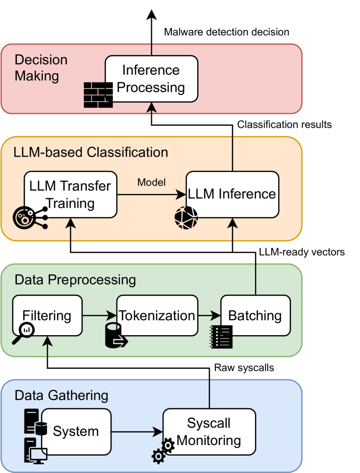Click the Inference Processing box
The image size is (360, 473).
coord(151,79)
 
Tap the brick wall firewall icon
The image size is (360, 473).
coord(98,94)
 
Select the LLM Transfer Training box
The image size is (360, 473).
coord(71,194)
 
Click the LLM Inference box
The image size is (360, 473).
coord(232,194)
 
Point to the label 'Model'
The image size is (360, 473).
coord(152,182)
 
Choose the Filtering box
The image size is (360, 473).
coord(47,316)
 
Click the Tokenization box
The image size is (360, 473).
coord(157,316)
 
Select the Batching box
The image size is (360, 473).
coord(256,316)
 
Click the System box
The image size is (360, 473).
coord(76,431)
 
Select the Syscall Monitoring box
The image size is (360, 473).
coord(209,432)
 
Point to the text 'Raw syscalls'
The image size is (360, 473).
coord(244,368)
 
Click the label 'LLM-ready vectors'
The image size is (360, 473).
coord(302,251)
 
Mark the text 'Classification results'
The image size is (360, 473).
coord(284,125)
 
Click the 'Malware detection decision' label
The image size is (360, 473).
coord(227,32)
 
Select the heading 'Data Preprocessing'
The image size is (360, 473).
coord(75,279)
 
